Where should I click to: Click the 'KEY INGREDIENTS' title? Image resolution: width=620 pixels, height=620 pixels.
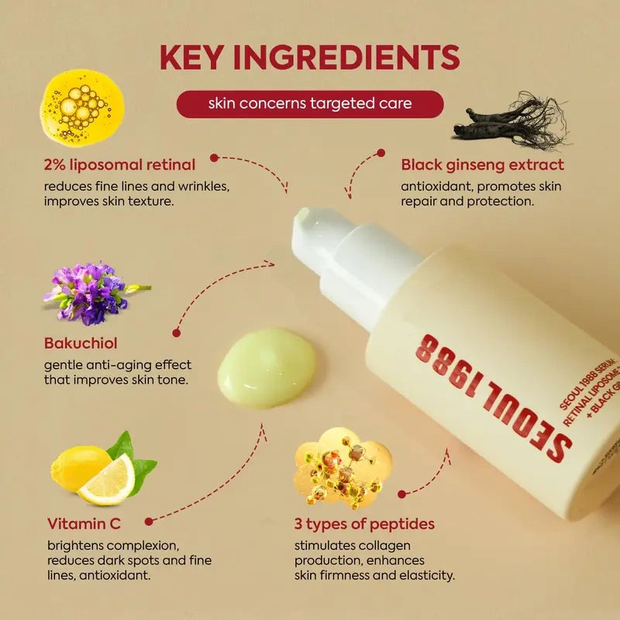click(x=310, y=57)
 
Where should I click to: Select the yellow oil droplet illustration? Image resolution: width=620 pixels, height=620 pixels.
click(x=81, y=107)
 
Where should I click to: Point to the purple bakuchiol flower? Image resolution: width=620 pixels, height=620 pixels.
click(x=89, y=292)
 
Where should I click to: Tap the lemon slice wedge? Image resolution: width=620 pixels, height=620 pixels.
click(x=108, y=481)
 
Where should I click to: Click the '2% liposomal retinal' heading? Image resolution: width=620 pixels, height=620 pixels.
click(x=119, y=164)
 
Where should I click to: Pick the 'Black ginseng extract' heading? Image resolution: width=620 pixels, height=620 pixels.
click(x=482, y=164)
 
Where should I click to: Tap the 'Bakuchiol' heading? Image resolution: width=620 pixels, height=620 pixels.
click(x=81, y=343)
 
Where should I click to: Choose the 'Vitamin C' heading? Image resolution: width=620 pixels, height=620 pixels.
click(x=84, y=523)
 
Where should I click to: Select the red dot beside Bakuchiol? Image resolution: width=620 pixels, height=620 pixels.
click(x=177, y=332)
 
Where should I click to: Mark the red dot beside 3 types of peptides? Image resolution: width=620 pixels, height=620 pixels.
click(x=401, y=494)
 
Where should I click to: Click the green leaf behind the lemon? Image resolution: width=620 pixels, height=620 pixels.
click(x=136, y=457)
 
